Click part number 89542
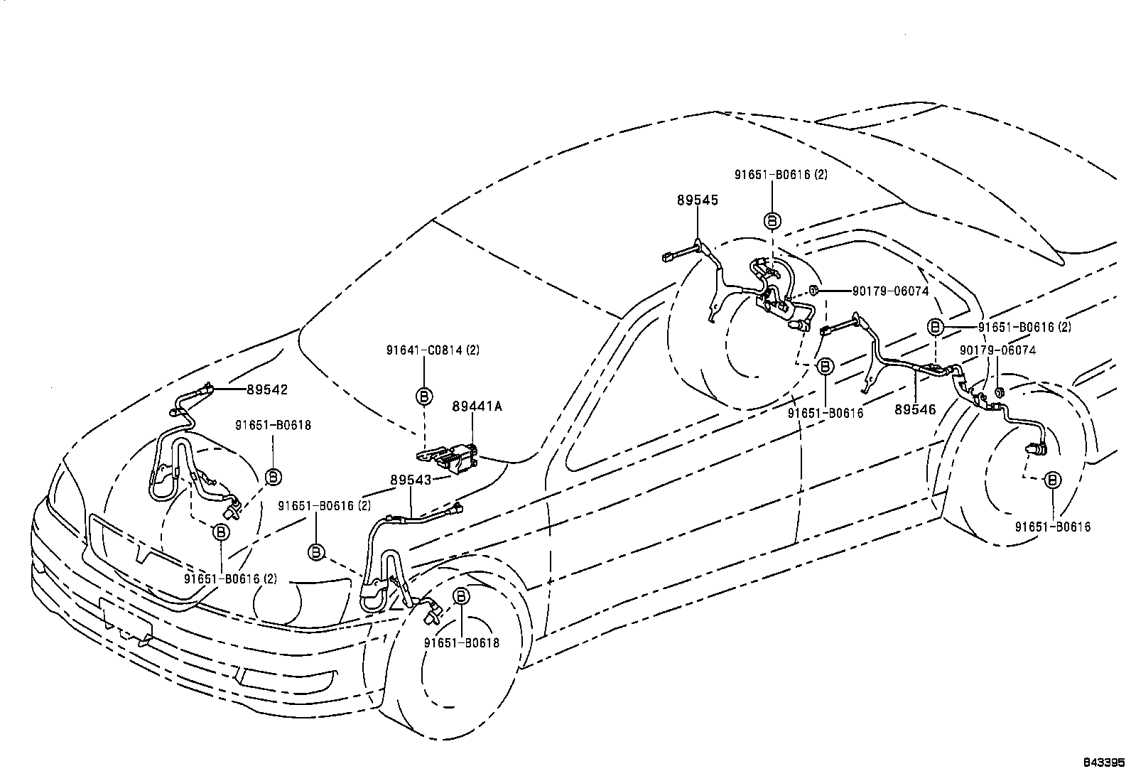[267, 389]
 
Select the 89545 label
[697, 200]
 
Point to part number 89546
[915, 410]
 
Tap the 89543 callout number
[410, 480]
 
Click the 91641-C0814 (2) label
[424, 350]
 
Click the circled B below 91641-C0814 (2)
[424, 396]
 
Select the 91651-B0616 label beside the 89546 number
[826, 413]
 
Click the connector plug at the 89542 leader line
[208, 388]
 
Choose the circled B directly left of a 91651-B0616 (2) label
[936, 328]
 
